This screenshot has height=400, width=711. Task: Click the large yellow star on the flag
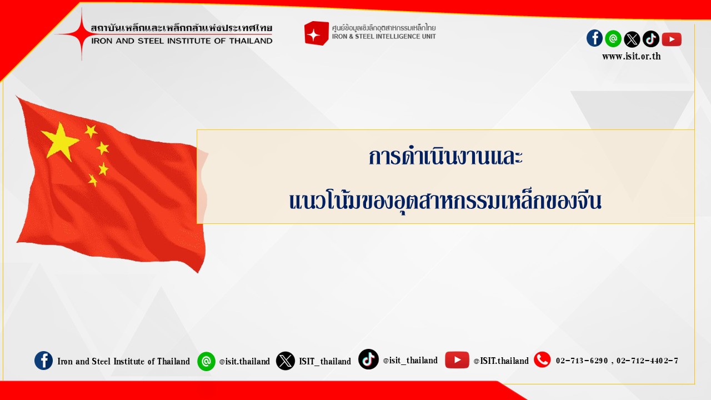coord(59,141)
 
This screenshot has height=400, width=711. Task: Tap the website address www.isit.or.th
coord(632,56)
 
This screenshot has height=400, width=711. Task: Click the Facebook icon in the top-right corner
coord(594,38)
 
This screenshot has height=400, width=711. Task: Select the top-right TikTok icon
coord(650,39)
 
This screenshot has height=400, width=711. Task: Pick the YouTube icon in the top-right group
coord(672,39)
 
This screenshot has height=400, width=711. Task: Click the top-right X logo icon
coord(632,39)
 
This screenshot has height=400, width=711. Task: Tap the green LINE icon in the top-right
coord(613,39)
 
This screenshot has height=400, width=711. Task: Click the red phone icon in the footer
coord(542,359)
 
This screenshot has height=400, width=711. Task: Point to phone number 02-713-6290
coord(582,361)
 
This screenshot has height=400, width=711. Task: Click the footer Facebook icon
coord(43,361)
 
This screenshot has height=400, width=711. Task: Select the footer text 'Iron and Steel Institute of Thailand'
coord(123,361)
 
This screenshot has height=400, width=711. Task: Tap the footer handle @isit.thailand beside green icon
coord(244,361)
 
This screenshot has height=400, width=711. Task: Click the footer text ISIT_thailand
coord(325,361)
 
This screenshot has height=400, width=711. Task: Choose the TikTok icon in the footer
coord(368,359)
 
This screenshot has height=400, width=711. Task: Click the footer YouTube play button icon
coord(457,359)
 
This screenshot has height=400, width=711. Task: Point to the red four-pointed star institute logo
coord(82,34)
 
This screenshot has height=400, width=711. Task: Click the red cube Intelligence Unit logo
coord(316,33)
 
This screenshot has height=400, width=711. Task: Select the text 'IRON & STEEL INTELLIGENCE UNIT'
coord(384,37)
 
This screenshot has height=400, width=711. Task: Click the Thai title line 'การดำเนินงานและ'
coord(445,157)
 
